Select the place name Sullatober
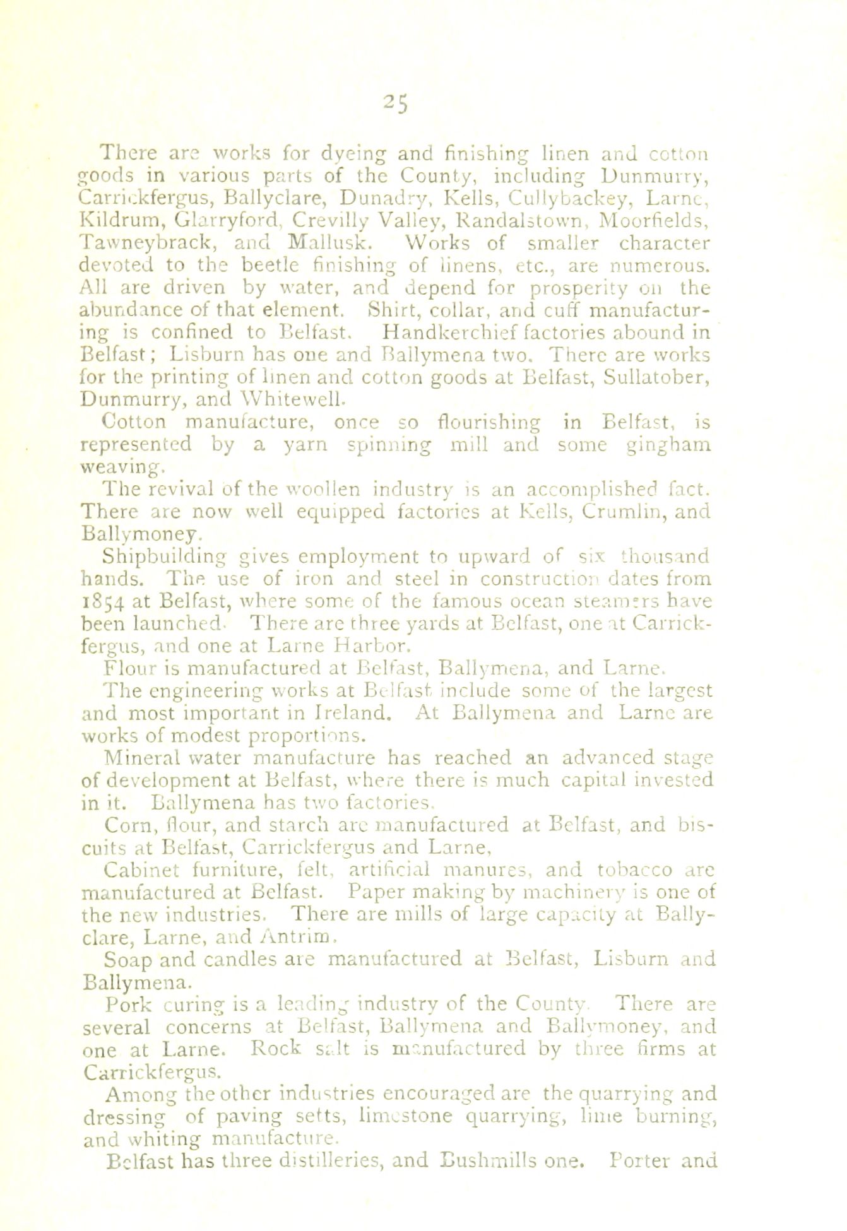[654, 377]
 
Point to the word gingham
[660, 444]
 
